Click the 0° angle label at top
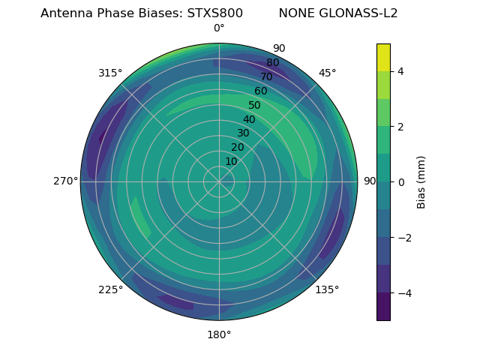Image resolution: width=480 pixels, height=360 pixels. click(x=219, y=28)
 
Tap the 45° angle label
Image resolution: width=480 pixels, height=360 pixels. click(x=327, y=73)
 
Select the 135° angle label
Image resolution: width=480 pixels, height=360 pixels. click(x=327, y=289)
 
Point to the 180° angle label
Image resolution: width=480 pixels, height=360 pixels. click(x=219, y=334)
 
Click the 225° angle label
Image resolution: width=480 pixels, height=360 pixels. click(x=110, y=289)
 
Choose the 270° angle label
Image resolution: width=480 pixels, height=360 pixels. click(x=65, y=181)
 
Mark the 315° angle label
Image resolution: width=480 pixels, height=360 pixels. click(x=110, y=73)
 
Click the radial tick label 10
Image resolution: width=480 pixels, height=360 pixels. click(x=232, y=161)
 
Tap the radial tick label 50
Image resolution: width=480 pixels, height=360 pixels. click(x=255, y=106)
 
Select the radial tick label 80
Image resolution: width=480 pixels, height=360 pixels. click(x=272, y=63)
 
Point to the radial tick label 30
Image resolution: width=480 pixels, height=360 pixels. click(x=243, y=133)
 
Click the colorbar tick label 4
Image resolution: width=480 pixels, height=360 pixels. click(x=400, y=71)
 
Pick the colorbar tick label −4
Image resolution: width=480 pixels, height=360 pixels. click(x=403, y=292)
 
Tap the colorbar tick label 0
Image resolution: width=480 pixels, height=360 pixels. click(x=400, y=182)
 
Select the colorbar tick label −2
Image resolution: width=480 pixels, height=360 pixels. click(x=403, y=238)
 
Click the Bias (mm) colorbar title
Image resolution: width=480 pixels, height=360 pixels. click(x=421, y=182)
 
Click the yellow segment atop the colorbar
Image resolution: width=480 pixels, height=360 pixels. click(x=383, y=57)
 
